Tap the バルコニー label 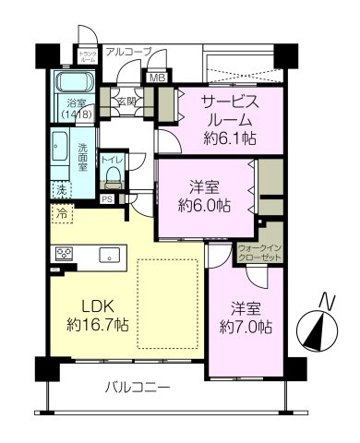136,388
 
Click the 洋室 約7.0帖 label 245,317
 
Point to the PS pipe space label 107,197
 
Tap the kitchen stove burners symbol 66,252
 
